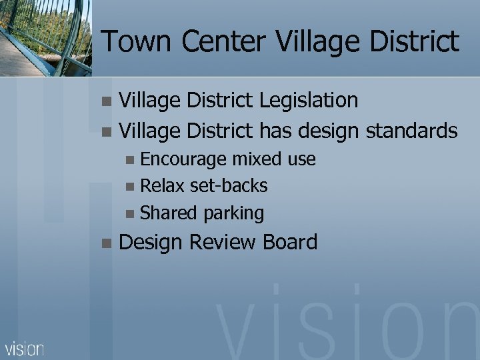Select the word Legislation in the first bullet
(x=309, y=101)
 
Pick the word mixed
(x=258, y=159)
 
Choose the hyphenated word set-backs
(x=229, y=186)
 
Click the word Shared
(x=169, y=213)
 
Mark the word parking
(x=234, y=214)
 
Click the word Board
(x=290, y=242)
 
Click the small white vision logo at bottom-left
(x=25, y=348)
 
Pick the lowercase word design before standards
(x=329, y=130)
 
